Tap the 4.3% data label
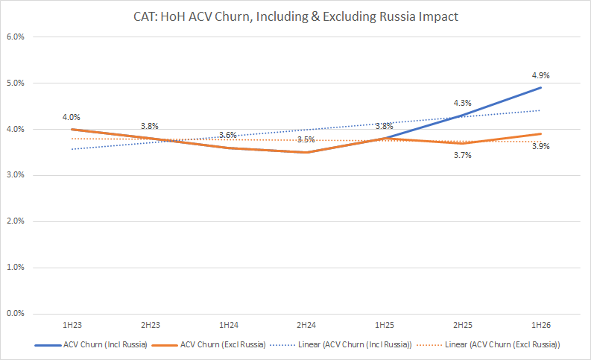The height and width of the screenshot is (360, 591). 462,103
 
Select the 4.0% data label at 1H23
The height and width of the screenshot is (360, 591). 72,117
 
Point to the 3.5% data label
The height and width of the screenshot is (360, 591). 306,139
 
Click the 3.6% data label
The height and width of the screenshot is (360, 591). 227,136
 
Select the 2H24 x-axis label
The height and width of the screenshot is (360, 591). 306,326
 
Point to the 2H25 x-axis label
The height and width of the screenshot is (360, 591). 462,326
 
